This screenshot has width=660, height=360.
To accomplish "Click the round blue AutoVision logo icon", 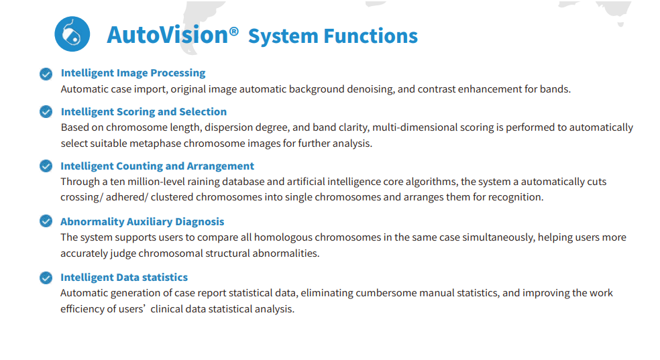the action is pyautogui.click(x=72, y=34).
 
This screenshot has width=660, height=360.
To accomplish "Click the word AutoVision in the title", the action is pyautogui.click(x=168, y=35).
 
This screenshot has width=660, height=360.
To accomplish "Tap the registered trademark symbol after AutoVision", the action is pyautogui.click(x=234, y=32).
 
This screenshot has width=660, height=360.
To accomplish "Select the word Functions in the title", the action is pyautogui.click(x=370, y=36).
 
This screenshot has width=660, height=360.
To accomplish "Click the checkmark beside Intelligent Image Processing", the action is pyautogui.click(x=46, y=74).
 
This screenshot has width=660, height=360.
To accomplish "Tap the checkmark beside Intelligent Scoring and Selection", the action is pyautogui.click(x=46, y=112).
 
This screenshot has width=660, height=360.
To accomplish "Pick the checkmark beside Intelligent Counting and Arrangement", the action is pyautogui.click(x=46, y=166).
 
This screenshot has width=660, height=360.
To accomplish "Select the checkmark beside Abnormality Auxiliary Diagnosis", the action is pyautogui.click(x=46, y=221).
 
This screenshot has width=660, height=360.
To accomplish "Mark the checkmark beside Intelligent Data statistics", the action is pyautogui.click(x=46, y=278).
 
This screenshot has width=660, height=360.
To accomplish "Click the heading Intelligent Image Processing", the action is pyautogui.click(x=133, y=73).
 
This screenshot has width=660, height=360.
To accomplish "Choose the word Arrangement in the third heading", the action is pyautogui.click(x=220, y=166).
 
